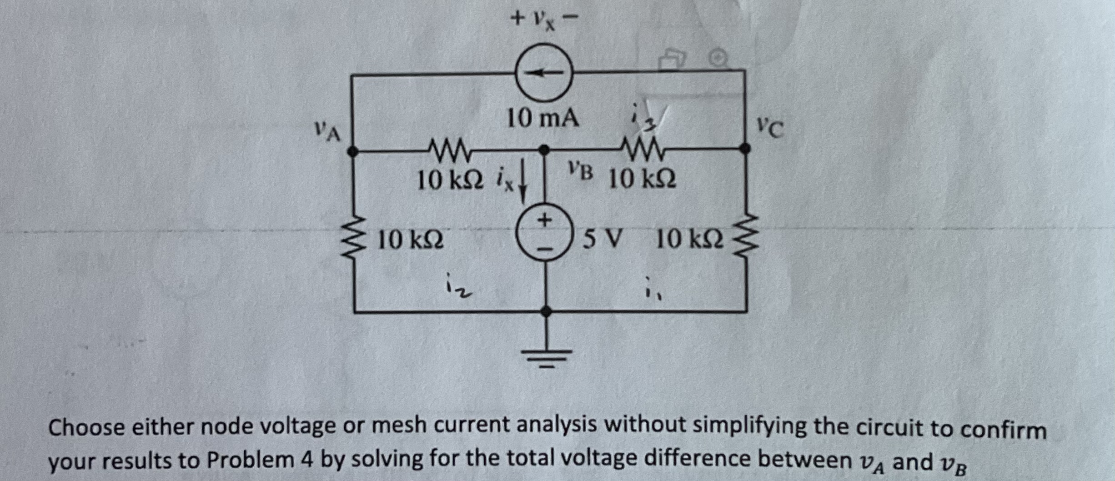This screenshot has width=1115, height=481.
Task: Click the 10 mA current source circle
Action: tap(544, 73)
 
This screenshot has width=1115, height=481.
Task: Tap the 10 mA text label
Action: tap(543, 119)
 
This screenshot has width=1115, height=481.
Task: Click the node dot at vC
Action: tap(744, 148)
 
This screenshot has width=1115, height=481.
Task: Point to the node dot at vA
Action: tap(353, 151)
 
